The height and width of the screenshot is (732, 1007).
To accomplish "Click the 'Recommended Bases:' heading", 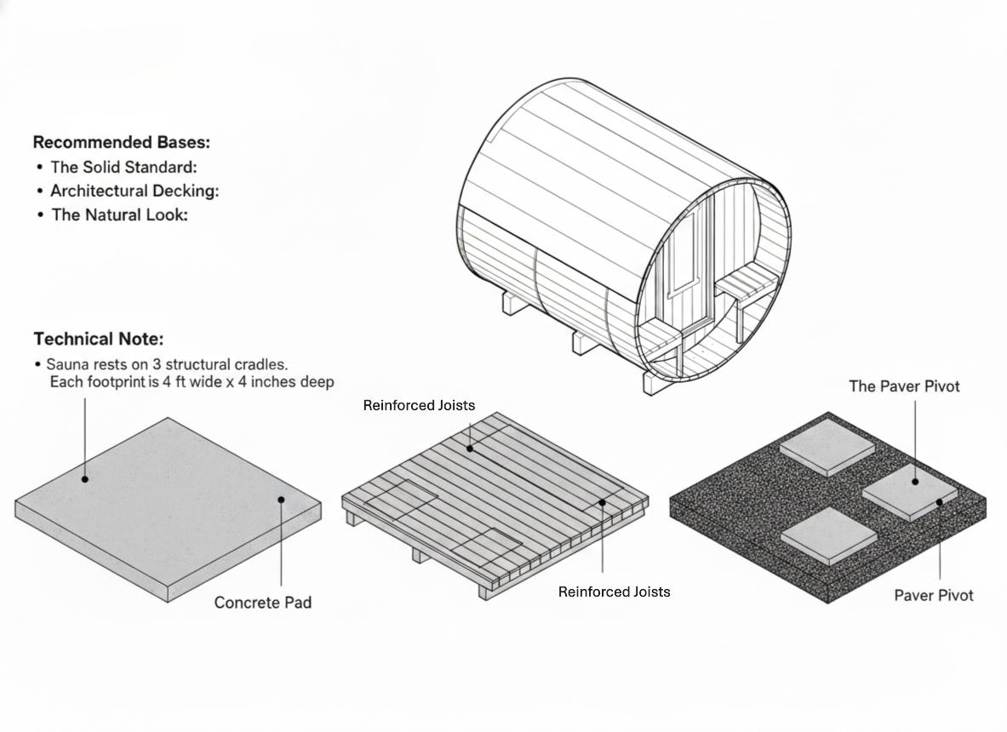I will [x=121, y=141].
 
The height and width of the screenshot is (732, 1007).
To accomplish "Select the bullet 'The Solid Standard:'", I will [x=123, y=167].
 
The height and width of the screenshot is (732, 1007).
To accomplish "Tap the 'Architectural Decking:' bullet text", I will [x=134, y=191].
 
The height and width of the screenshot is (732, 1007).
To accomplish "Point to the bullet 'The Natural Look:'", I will [x=119, y=214].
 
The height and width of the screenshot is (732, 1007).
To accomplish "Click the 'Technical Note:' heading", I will [x=98, y=339].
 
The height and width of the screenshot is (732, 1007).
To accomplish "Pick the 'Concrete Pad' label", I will [x=262, y=603].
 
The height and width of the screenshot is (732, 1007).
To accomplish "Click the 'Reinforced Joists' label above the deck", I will [x=419, y=405].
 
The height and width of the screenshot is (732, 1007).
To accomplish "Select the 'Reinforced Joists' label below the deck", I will [x=614, y=592].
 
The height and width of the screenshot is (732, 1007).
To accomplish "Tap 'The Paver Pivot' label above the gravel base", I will [x=904, y=386].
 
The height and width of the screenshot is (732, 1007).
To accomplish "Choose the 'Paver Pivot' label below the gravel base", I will [x=933, y=595].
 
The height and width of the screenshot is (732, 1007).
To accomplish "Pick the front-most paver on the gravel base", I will [x=827, y=534].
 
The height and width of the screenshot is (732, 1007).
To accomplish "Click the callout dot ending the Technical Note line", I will [x=85, y=479].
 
